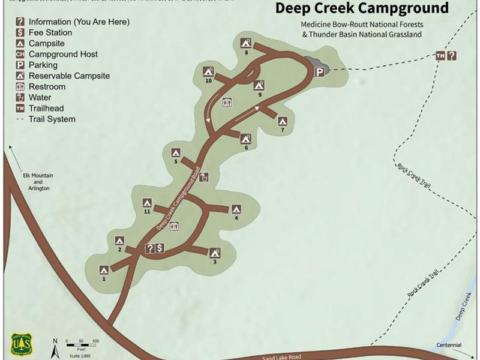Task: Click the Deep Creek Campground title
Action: (x=362, y=8)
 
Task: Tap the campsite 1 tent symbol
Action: (x=104, y=269)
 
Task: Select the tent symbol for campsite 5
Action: (x=176, y=152)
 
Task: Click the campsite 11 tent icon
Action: (x=146, y=202)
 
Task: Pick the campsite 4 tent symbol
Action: (x=236, y=209)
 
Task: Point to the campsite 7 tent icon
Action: (x=283, y=121)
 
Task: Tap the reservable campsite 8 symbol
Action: (x=245, y=43)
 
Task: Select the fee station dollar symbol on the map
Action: (x=160, y=248)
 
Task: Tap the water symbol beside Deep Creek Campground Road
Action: (x=205, y=177)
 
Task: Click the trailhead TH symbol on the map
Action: (x=440, y=56)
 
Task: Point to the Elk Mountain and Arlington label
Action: (x=38, y=181)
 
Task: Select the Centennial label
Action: (x=449, y=345)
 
